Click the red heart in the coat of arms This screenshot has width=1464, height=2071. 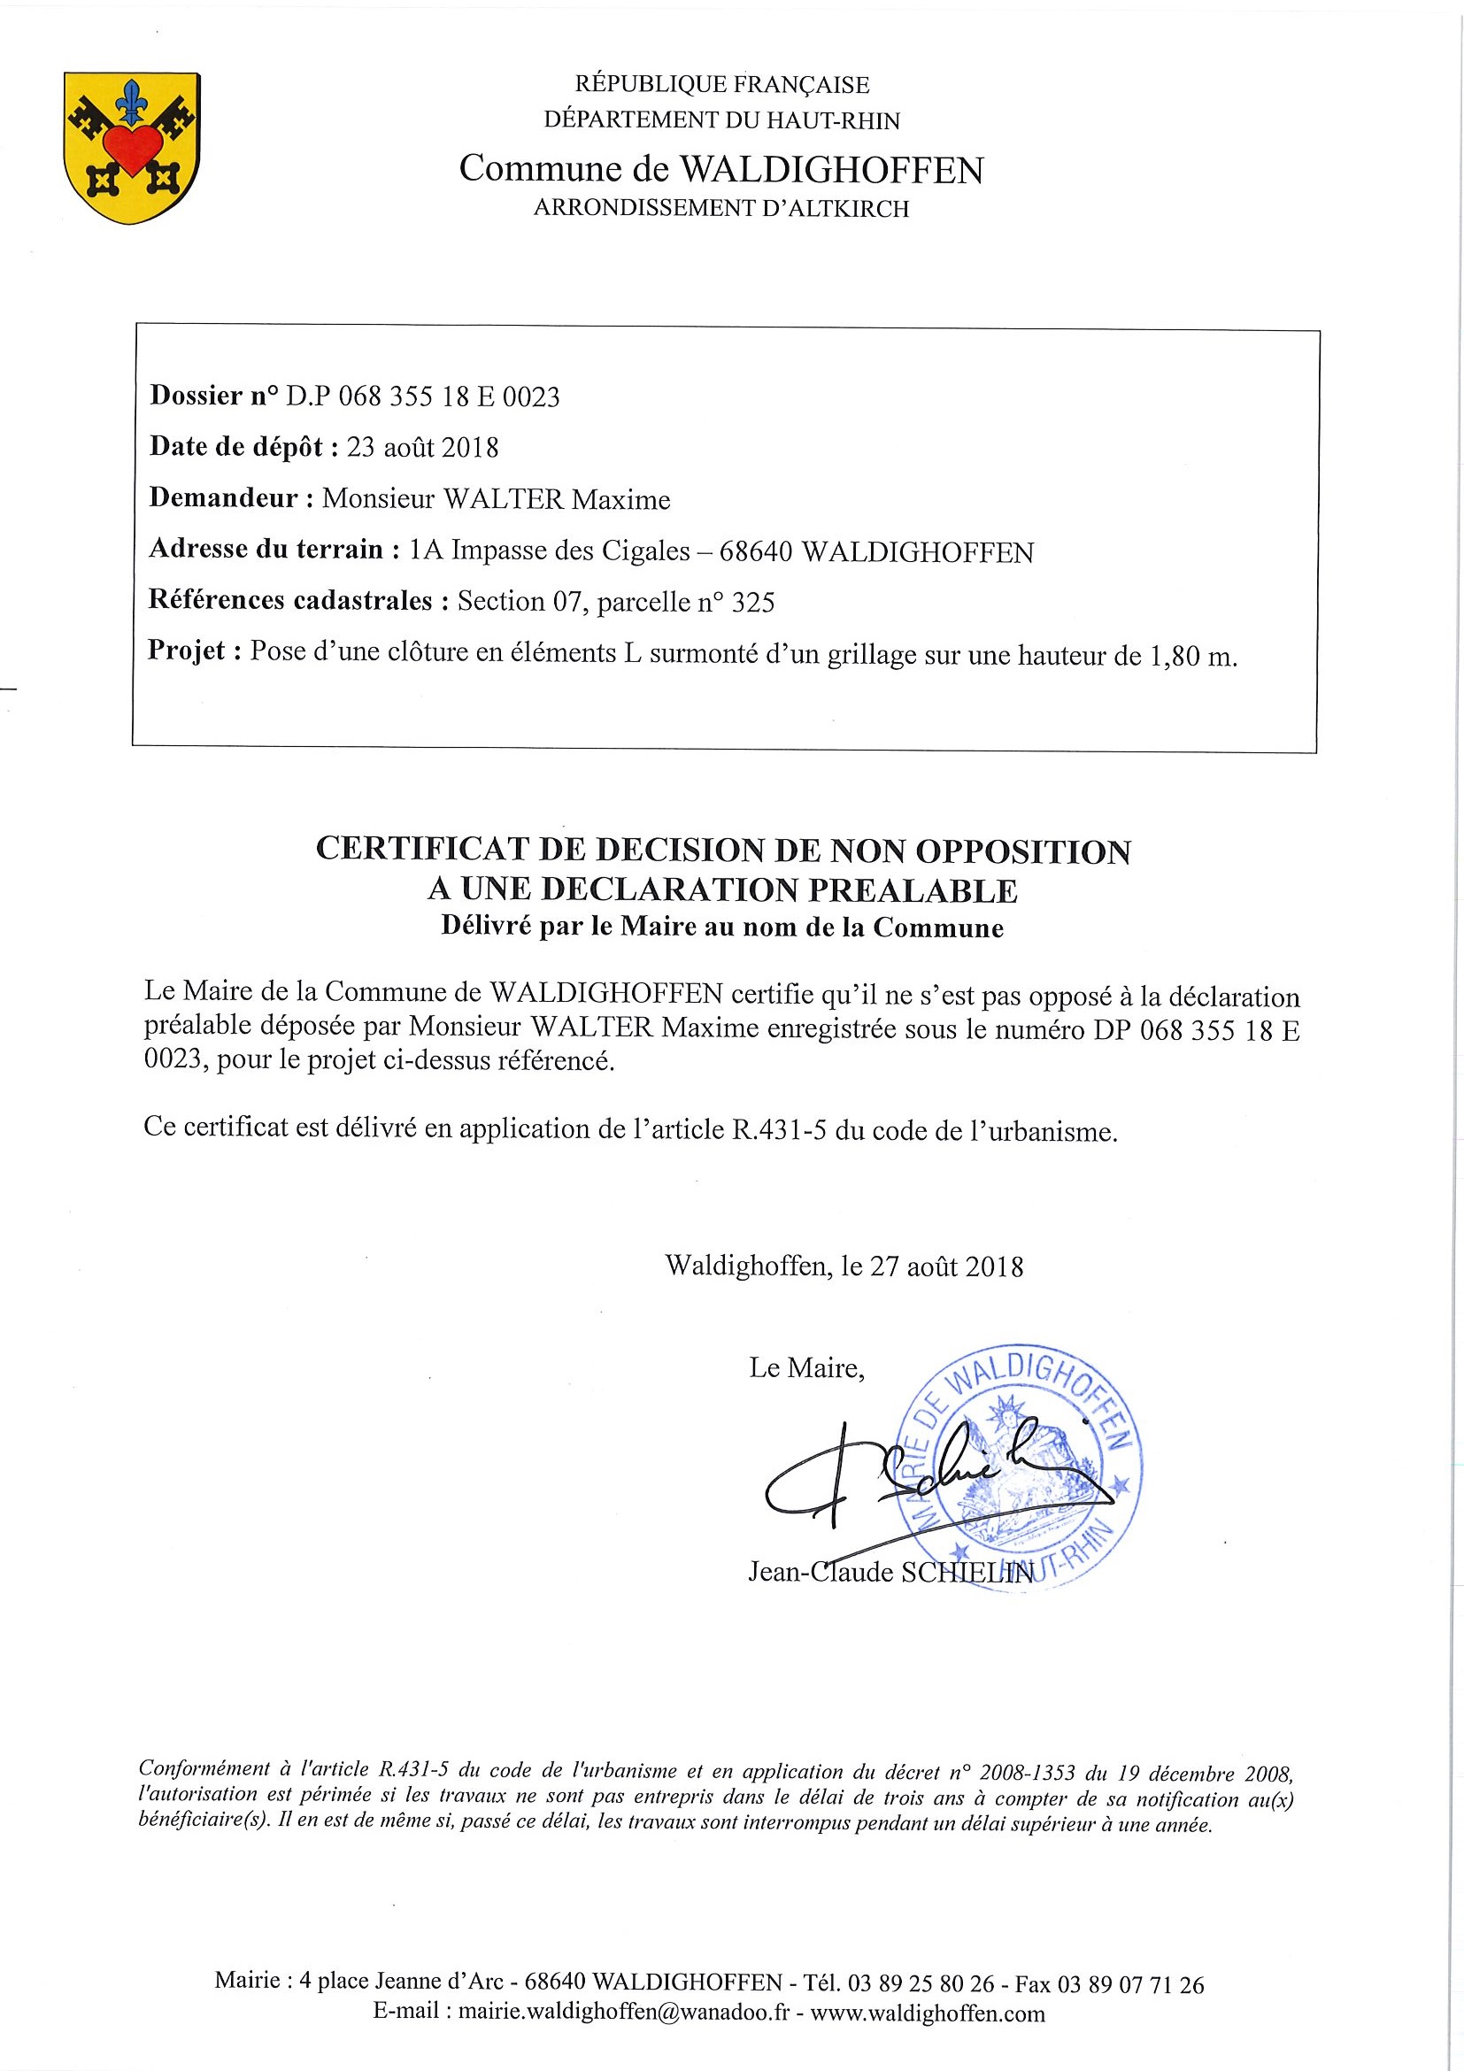click(x=130, y=148)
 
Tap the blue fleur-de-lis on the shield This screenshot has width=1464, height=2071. click(x=133, y=101)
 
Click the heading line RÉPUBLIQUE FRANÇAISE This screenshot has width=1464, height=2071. click(x=721, y=86)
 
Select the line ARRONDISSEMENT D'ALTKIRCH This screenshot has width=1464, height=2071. click(x=721, y=209)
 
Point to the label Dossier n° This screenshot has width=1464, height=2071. click(x=213, y=396)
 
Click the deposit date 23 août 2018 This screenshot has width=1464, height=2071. click(x=422, y=448)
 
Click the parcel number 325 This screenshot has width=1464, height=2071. click(x=752, y=602)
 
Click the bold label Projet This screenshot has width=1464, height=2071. click(x=188, y=651)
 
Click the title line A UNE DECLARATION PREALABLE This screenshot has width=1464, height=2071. click(x=721, y=890)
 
